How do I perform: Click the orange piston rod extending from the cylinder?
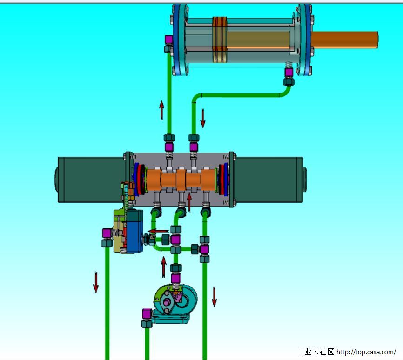click(344, 40)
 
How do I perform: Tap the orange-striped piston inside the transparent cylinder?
click(220, 40)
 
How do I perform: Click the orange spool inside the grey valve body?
click(181, 180)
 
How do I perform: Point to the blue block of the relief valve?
click(134, 231)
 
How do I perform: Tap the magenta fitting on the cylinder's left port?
click(169, 40)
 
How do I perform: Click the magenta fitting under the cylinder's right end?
click(289, 72)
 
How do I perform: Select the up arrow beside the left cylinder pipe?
click(161, 110)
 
